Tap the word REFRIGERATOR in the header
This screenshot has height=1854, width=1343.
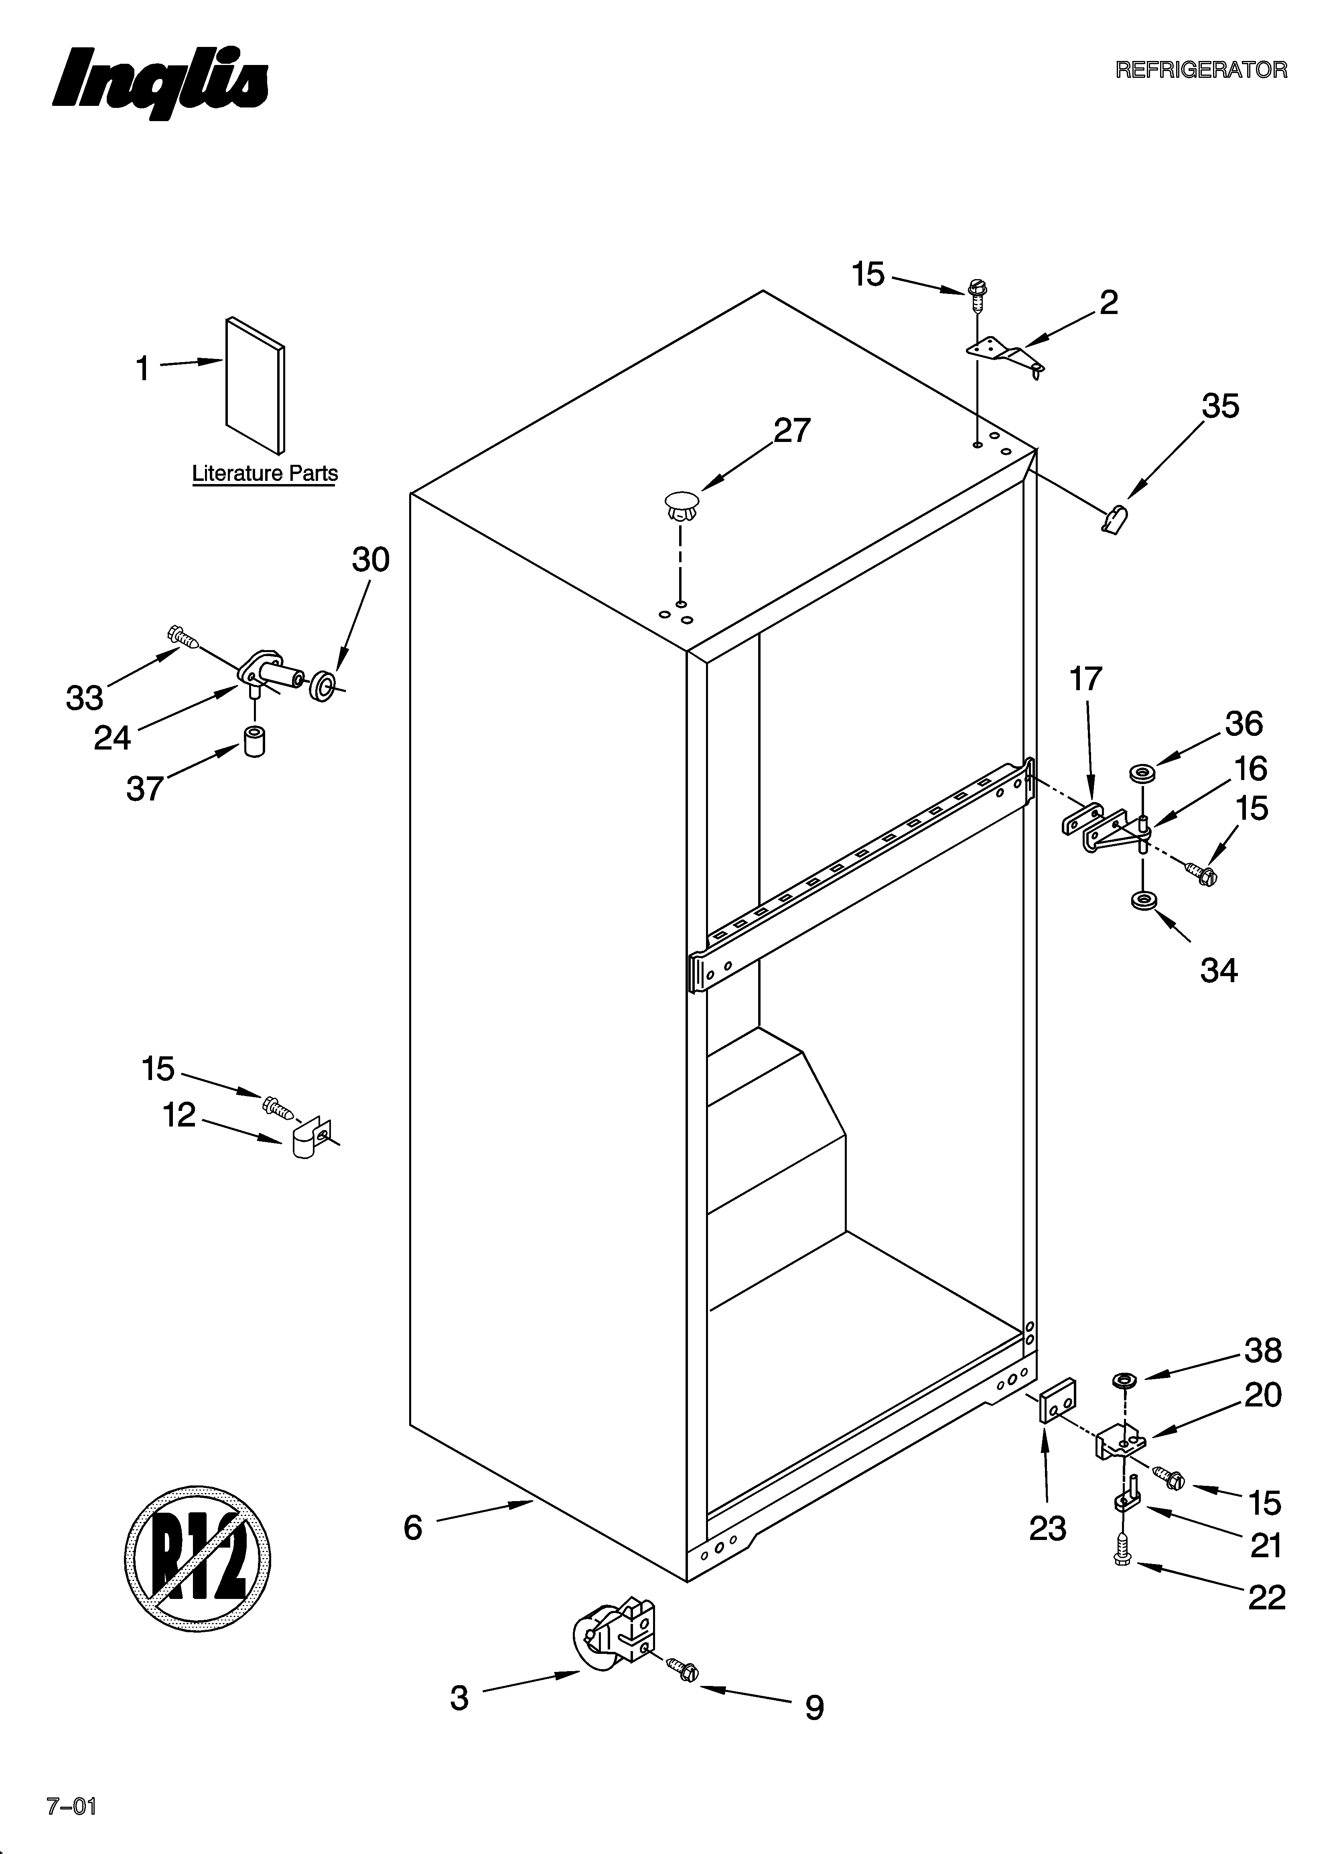[1201, 70]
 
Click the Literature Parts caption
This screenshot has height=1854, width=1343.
[264, 473]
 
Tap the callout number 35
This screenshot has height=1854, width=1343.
[1219, 406]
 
